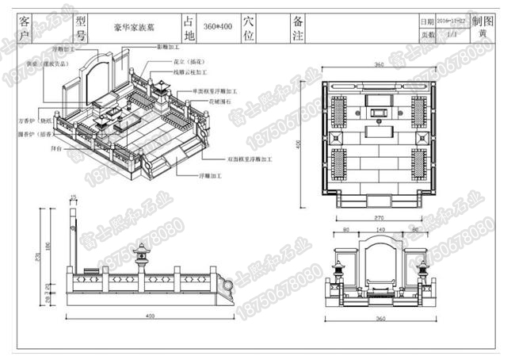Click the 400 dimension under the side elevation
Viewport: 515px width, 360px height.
click(149, 316)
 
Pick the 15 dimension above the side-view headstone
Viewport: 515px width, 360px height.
click(73, 197)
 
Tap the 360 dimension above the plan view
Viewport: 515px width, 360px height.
click(379, 64)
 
